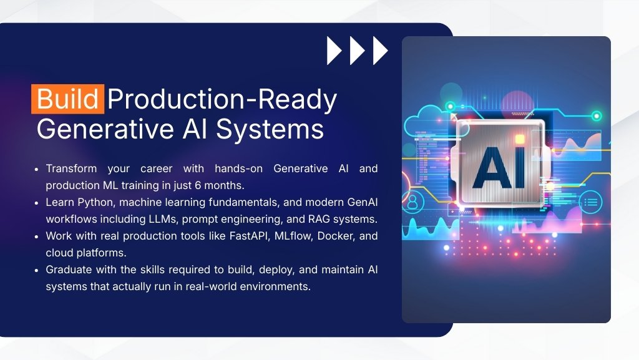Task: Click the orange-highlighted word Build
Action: coord(67,99)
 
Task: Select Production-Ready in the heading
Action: coord(222,100)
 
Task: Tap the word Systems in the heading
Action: coord(270,130)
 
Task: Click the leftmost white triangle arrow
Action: coord(334,51)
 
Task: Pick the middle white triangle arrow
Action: coord(358,51)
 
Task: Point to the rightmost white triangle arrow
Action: coord(381,51)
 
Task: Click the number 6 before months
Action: coord(198,185)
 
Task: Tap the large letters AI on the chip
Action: coord(499,168)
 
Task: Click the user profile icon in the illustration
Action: coord(412,202)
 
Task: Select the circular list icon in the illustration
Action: coord(590,202)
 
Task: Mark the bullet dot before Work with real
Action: coord(37,236)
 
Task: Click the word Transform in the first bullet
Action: coord(71,168)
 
